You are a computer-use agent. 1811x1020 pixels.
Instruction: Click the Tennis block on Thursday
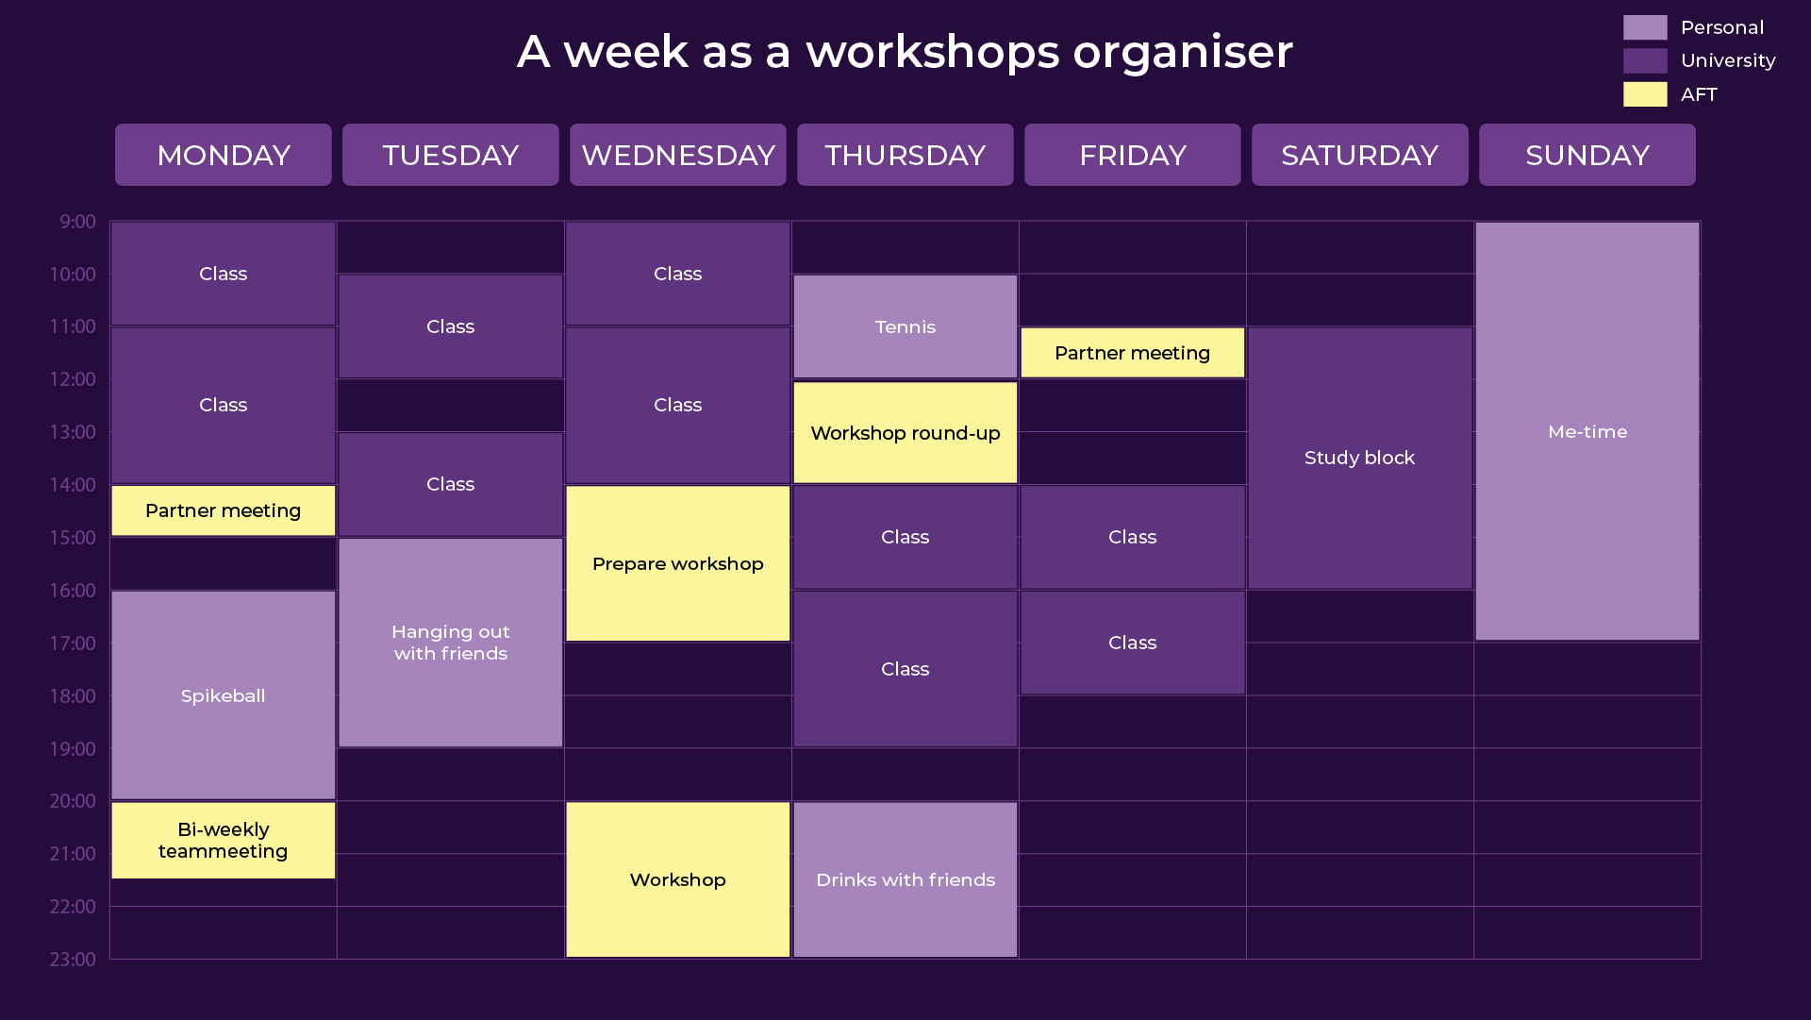(905, 326)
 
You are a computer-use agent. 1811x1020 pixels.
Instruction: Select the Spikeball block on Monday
(224, 695)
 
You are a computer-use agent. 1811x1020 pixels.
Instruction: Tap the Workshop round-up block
(905, 432)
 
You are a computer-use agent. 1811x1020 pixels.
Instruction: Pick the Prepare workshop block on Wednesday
(678, 563)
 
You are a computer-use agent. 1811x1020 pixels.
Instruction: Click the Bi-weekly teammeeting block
(224, 840)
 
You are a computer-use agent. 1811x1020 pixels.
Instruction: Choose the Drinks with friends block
(905, 879)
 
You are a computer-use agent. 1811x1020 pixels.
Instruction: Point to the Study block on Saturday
(1360, 458)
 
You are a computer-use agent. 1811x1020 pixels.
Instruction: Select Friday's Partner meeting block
(1133, 353)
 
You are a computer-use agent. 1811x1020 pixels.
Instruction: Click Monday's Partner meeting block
(224, 510)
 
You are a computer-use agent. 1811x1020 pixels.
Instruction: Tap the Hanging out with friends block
(451, 643)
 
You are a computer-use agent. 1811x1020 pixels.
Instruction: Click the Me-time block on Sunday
(1587, 431)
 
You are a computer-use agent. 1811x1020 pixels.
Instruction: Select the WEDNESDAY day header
(678, 155)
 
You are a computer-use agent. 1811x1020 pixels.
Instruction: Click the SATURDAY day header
(1360, 155)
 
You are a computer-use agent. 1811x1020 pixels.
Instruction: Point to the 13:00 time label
(73, 432)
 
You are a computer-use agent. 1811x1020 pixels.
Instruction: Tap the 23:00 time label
(73, 960)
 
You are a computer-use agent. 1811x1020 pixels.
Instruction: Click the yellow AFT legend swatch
(1645, 94)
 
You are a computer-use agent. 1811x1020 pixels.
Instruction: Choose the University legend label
(1728, 60)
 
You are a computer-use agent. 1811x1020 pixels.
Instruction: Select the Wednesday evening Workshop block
(678, 879)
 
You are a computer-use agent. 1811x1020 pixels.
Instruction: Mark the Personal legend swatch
(1645, 27)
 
